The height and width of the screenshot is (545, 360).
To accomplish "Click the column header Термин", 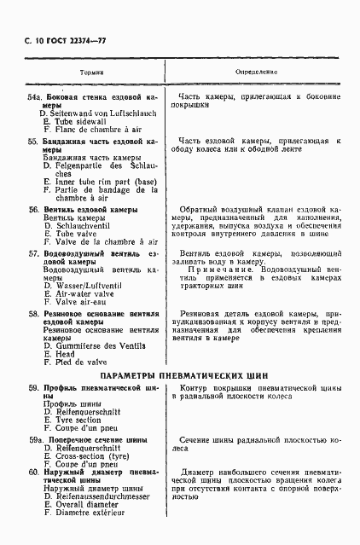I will (x=91, y=73).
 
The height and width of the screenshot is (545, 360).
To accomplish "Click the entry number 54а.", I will (x=36, y=98).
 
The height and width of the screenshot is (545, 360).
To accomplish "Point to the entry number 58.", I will (x=33, y=315).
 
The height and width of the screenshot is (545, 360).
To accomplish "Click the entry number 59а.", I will (x=37, y=440).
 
